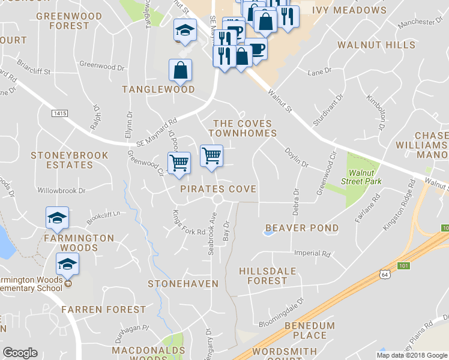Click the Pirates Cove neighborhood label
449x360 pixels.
pyautogui.click(x=218, y=189)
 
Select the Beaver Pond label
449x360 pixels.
pyautogui.click(x=302, y=228)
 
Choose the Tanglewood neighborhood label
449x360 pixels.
pyautogui.click(x=158, y=89)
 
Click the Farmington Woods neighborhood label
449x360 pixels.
pyautogui.click(x=78, y=243)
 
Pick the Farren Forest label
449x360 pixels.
pyautogui.click(x=103, y=310)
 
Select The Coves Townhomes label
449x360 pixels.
pyautogui.click(x=243, y=128)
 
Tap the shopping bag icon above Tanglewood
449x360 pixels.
pyautogui.click(x=181, y=71)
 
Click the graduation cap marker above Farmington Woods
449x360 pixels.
pyautogui.click(x=58, y=218)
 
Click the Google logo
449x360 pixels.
pyautogui.click(x=20, y=353)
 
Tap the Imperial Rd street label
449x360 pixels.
pyautogui.click(x=312, y=254)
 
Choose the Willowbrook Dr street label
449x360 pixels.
pyautogui.click(x=61, y=191)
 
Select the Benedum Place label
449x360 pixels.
pyautogui.click(x=306, y=329)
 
